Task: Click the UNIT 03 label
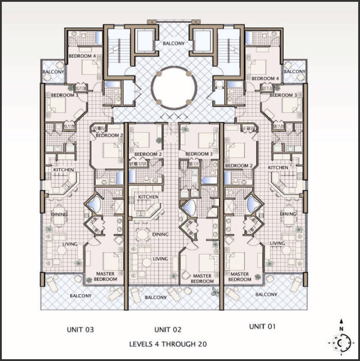point(80,330)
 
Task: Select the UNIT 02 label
point(168,330)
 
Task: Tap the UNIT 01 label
point(263,326)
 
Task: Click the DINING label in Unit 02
point(160,234)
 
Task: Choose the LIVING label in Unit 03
point(70,244)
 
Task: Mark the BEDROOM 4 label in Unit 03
point(82,56)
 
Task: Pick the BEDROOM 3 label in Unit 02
point(199,154)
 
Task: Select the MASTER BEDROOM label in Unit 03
point(106,276)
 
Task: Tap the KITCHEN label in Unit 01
point(278,168)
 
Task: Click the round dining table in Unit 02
point(142,234)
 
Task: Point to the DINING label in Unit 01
point(288,214)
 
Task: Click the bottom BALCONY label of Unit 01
point(266,295)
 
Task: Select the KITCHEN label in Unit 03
point(64,170)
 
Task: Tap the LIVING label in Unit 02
point(160,259)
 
